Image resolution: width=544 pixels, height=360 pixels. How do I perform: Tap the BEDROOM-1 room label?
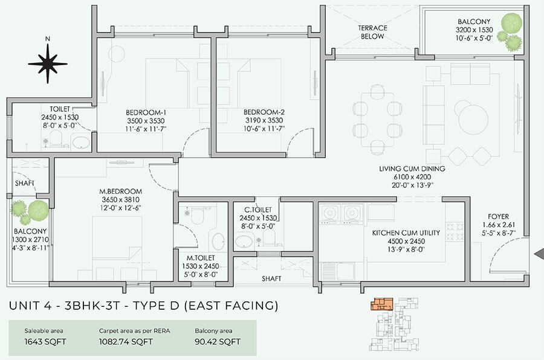pos(146,112)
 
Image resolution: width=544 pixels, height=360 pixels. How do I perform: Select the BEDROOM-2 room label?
pos(264,112)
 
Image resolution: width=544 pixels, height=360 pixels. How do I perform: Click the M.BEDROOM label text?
pos(121,192)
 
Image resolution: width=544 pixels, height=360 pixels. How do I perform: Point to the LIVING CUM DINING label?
pos(412,169)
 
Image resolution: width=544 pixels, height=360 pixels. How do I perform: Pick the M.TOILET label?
pos(202,259)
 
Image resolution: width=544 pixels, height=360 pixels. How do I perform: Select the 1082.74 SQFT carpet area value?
pos(126,342)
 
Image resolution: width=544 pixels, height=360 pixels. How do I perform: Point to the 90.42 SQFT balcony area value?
pos(218,342)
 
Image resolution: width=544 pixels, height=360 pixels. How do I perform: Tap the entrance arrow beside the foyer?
pos(539,254)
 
